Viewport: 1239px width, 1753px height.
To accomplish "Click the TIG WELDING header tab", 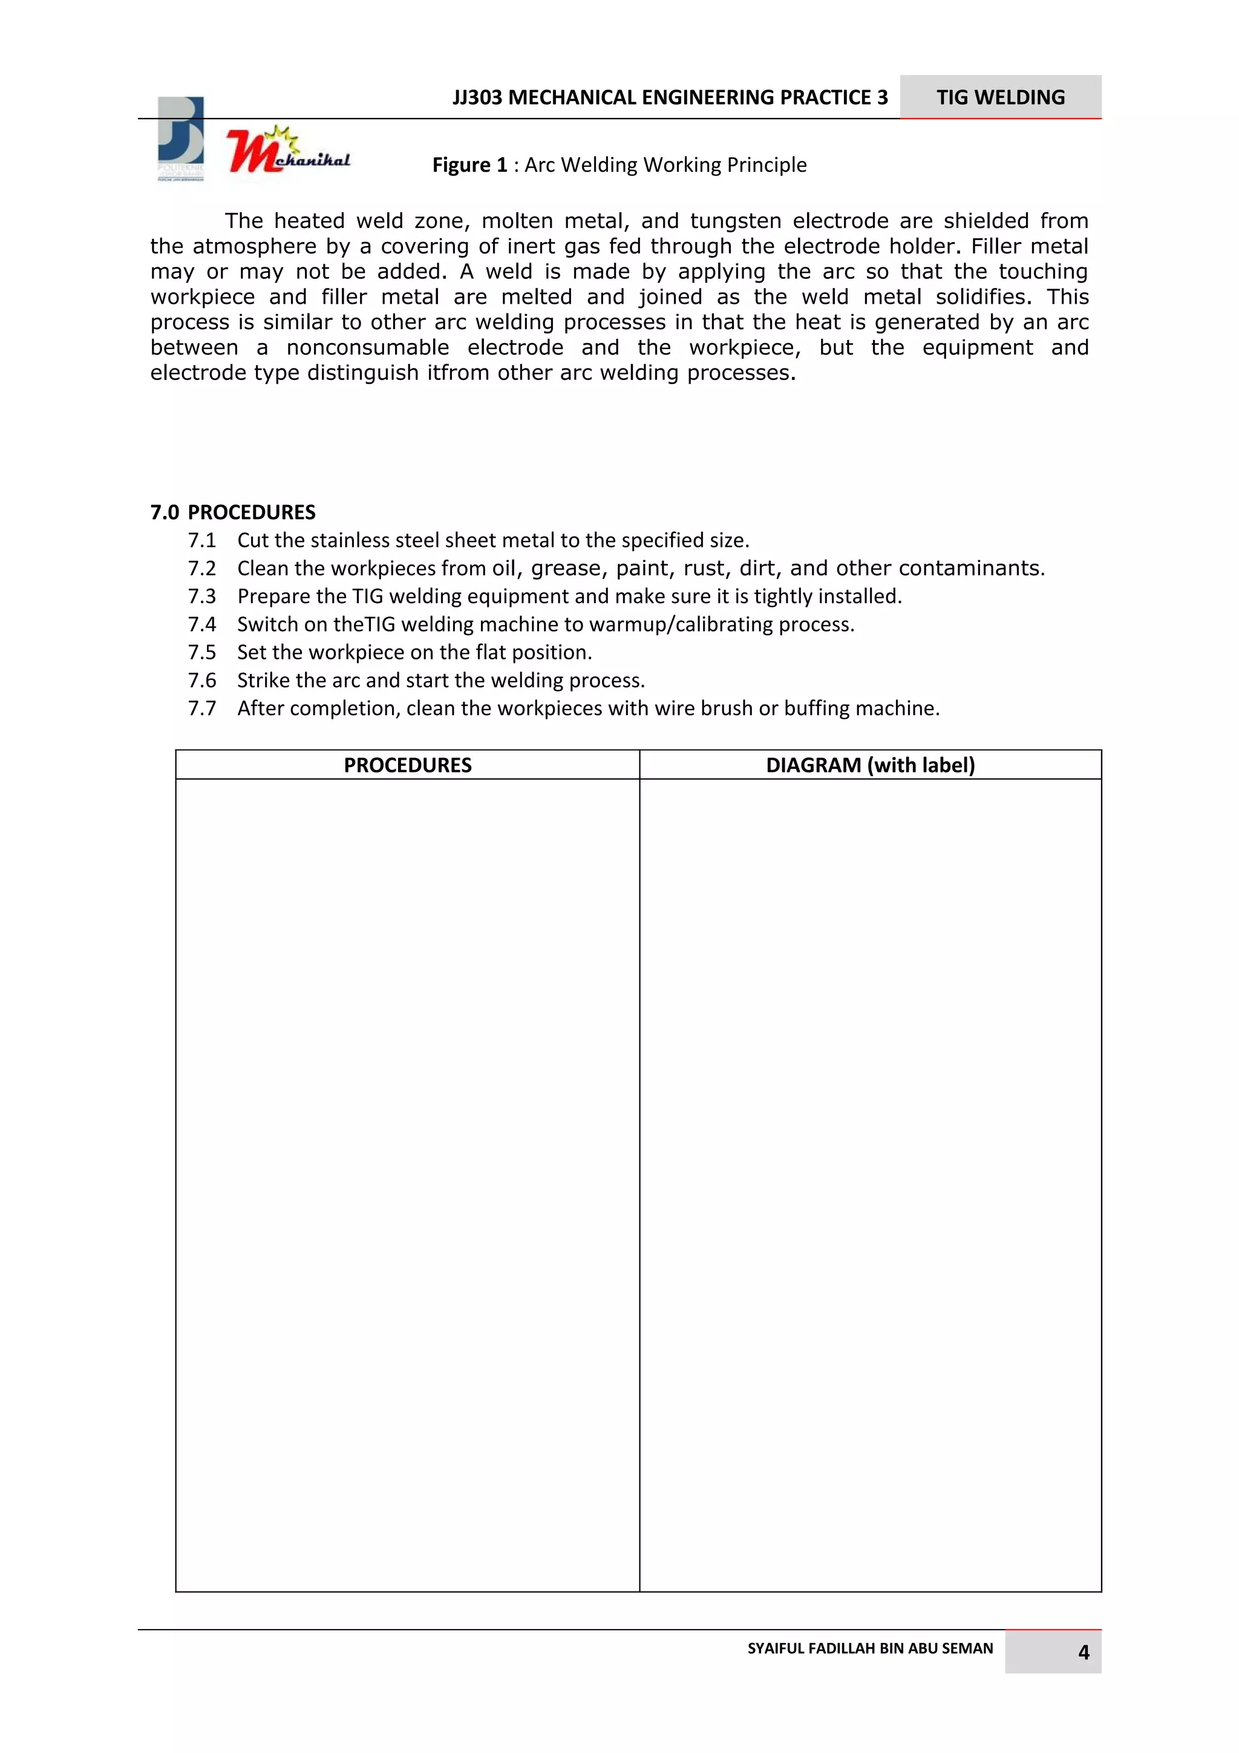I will [1000, 97].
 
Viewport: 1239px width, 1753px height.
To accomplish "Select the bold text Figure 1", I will [469, 165].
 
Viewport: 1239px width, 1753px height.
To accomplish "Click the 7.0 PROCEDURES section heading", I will [233, 512].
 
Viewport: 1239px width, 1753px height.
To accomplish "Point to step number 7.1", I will [201, 541].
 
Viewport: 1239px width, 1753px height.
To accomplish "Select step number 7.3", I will [201, 596].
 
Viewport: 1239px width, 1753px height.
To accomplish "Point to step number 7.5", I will [201, 653].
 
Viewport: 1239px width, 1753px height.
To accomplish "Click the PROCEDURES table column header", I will [407, 765].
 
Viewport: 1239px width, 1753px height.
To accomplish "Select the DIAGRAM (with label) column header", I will [871, 765].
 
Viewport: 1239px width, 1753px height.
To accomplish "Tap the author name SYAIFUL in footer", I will [774, 1648].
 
